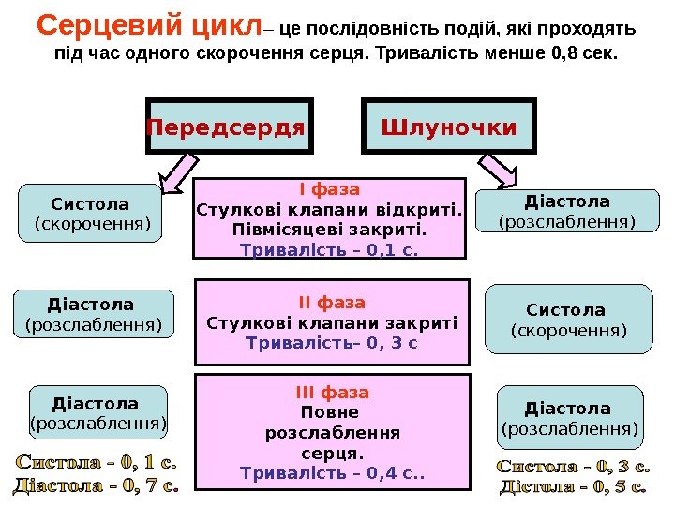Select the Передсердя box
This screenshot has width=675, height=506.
(228, 126)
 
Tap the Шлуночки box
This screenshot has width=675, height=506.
(448, 126)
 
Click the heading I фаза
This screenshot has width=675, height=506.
(329, 188)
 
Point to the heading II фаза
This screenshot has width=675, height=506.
(331, 303)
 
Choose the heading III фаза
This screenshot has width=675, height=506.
(333, 392)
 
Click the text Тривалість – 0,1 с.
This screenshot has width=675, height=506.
(329, 250)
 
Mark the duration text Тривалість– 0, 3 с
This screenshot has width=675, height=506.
(331, 344)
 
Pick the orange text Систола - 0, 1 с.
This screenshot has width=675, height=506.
(97, 462)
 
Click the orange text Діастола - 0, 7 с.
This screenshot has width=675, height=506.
(97, 485)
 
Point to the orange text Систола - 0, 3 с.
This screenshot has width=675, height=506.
(572, 465)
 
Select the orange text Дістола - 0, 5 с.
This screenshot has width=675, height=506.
(572, 486)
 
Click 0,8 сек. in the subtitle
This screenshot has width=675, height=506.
(588, 52)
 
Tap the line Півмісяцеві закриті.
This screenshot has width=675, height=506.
(329, 230)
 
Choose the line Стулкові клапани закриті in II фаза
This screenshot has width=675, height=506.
(331, 323)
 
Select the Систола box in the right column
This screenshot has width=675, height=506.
(567, 320)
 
